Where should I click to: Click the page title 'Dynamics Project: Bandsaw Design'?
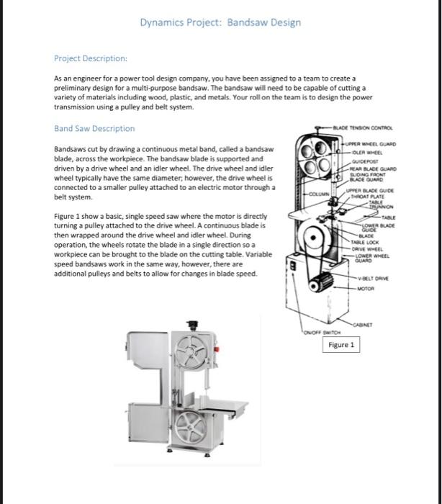(x=220, y=22)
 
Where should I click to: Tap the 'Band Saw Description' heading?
(x=94, y=128)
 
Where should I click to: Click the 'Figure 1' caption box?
(x=341, y=345)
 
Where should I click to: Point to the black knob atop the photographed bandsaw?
(x=181, y=316)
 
